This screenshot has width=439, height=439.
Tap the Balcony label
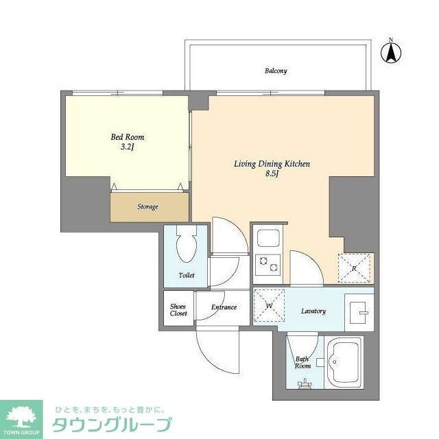pyautogui.click(x=276, y=71)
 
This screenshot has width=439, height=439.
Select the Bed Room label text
pyautogui.click(x=128, y=137)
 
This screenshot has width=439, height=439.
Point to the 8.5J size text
pyautogui.click(x=272, y=174)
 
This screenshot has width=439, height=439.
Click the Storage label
pyautogui.click(x=147, y=206)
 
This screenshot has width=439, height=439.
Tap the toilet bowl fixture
pyautogui.click(x=186, y=244)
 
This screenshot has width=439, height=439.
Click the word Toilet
pyautogui.click(x=187, y=275)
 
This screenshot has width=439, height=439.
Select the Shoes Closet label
pyautogui.click(x=178, y=309)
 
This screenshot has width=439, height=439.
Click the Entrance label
pyautogui.click(x=224, y=307)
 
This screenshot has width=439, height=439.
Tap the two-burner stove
pyautogui.click(x=265, y=263)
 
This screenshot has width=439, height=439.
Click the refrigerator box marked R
pyautogui.click(x=354, y=268)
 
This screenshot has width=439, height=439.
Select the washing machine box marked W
pyautogui.click(x=269, y=305)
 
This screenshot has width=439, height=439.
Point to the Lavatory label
pyautogui.click(x=313, y=311)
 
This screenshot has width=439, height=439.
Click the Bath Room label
pyautogui.click(x=302, y=361)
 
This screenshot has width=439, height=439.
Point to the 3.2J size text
pyautogui.click(x=128, y=147)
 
